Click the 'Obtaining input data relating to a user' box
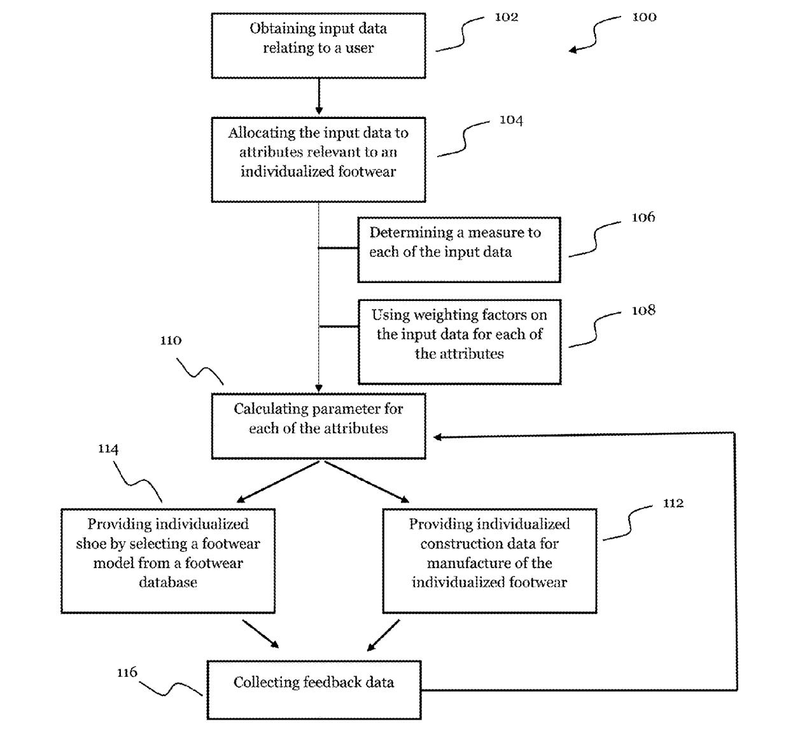[318, 46]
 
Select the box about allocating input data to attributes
[318, 160]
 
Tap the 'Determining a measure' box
[459, 249]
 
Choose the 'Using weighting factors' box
[460, 342]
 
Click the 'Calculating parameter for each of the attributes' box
[318, 426]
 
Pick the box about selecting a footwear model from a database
[168, 561]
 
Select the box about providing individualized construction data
[489, 561]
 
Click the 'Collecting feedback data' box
[314, 690]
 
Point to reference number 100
[644, 17]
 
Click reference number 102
[506, 17]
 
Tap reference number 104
[511, 120]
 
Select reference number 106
[643, 218]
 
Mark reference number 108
[643, 310]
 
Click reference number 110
[171, 340]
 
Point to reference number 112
[673, 503]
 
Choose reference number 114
[108, 449]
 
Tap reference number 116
[127, 672]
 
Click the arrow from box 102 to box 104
[319, 96]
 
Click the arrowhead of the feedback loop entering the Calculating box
[438, 436]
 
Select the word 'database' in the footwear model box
[168, 582]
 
